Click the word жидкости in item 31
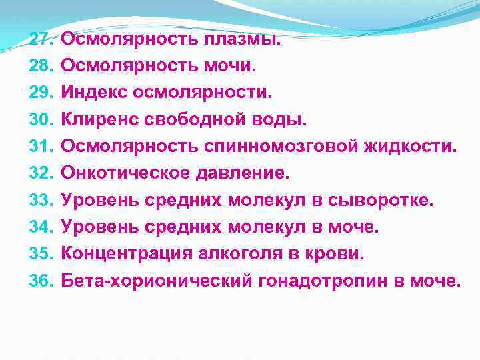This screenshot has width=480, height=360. (413, 146)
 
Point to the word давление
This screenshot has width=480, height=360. (243, 173)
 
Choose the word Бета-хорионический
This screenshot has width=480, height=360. (157, 281)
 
